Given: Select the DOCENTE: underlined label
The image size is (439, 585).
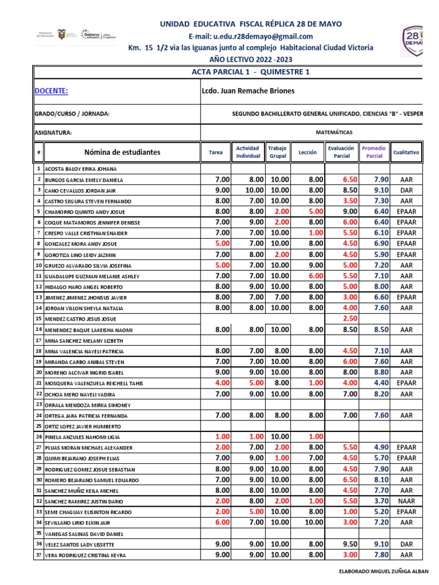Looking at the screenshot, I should click(51, 91).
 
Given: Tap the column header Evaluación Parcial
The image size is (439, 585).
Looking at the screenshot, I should click(341, 152).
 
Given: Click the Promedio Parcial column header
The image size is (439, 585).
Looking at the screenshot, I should click(374, 152).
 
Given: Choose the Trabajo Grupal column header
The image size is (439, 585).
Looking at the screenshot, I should click(277, 152).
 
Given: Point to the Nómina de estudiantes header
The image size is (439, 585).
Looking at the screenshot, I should click(122, 152).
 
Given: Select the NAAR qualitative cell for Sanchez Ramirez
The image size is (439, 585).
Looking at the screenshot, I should click(406, 501).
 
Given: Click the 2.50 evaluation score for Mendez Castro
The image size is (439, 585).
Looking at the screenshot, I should click(349, 319).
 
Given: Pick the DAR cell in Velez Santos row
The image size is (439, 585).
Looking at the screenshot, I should click(406, 544).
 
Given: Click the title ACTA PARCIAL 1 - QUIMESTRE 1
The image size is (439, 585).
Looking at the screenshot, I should click(252, 71).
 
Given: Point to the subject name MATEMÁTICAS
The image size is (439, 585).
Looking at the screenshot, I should click(334, 132).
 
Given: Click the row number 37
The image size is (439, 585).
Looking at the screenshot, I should click(38, 555).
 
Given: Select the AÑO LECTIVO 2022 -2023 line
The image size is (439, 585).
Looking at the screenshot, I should click(251, 59).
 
